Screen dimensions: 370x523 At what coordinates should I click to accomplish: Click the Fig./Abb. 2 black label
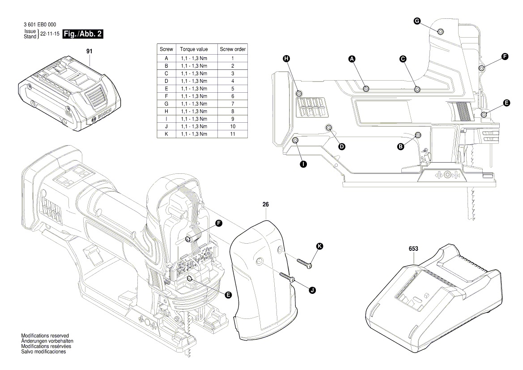pos(83,34)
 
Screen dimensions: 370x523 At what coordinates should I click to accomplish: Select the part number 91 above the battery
pos(89,52)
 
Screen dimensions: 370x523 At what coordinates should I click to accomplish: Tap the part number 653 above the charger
pos(413,248)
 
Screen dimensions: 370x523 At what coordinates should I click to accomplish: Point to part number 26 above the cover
pos(266,204)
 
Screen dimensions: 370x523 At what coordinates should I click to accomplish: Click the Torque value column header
pos(194,49)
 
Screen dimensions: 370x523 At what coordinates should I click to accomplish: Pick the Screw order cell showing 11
pos(233,134)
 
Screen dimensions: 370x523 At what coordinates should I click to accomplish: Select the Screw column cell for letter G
pos(166,104)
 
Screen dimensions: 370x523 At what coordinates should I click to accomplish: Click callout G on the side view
pos(417,21)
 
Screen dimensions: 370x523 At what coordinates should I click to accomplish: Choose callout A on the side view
pos(352,59)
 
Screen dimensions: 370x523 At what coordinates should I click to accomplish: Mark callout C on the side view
pos(403,59)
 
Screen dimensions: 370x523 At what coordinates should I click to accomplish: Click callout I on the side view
pos(303,164)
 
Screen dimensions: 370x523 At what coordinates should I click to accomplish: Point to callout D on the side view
pos(342,146)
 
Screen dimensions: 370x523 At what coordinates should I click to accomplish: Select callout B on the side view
pos(401,146)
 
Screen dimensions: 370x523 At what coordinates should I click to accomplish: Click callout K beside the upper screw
pos(319,246)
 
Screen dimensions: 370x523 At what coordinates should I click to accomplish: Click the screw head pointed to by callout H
pos(299,93)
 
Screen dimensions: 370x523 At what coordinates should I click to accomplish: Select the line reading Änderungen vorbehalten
pos(47,341)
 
